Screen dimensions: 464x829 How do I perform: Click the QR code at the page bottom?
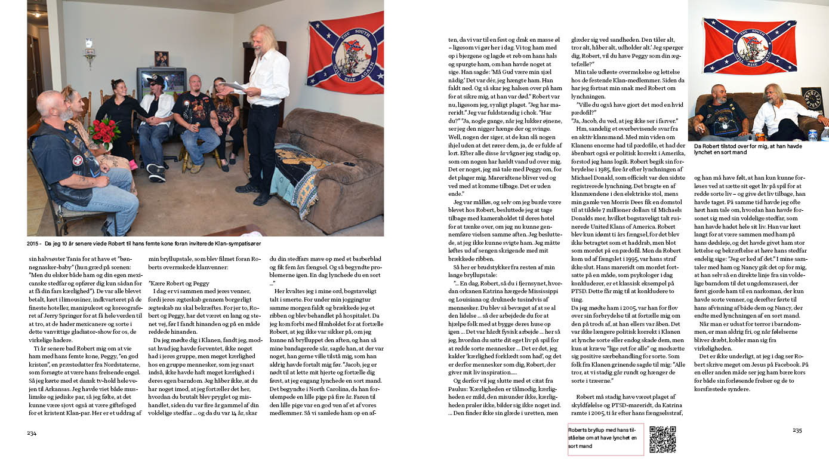pos(662,440)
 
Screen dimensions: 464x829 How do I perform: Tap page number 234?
pos(32,432)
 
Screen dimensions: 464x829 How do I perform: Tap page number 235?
pos(797,430)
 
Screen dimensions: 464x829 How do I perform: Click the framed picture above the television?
pos(161,59)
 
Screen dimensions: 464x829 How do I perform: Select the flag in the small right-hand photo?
pos(750,45)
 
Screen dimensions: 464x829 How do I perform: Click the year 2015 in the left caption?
pos(33,244)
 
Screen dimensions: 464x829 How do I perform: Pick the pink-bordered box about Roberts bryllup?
pos(605,440)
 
